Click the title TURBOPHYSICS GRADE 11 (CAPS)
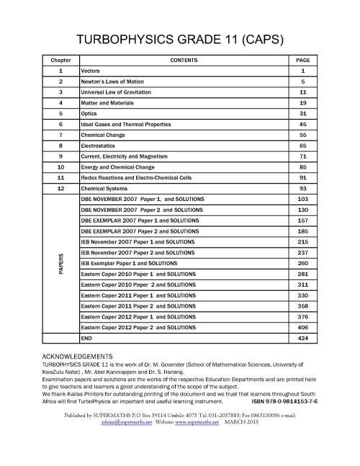click(x=180, y=39)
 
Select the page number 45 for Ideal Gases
click(x=303, y=125)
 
